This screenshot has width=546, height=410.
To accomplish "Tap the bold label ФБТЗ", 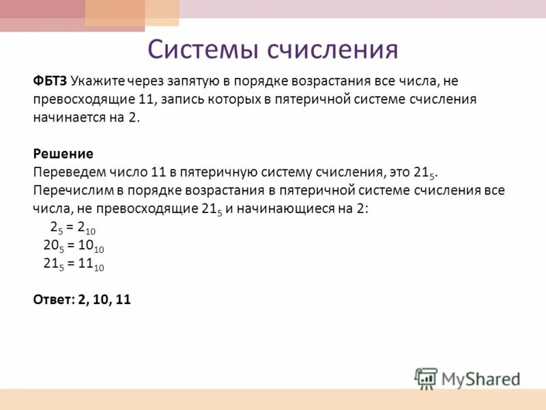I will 50,81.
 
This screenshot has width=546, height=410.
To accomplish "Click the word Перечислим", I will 70,190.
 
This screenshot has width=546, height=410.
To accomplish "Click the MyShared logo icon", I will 426,377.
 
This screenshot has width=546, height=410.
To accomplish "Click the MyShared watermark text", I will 480,378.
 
